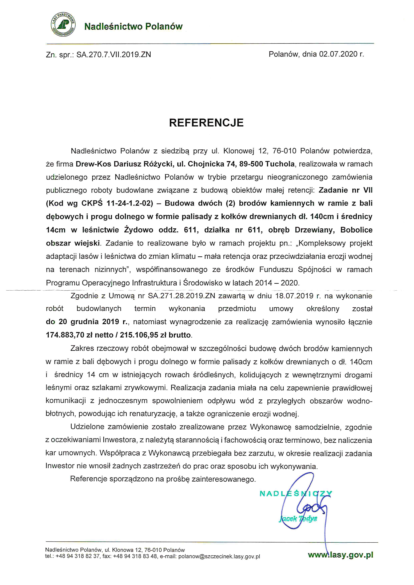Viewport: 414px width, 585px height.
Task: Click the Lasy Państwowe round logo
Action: [x=63, y=25]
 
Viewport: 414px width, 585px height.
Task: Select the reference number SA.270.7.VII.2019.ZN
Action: [x=114, y=55]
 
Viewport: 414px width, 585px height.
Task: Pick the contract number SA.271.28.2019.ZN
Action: [x=182, y=296]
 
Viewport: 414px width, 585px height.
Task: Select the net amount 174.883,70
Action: [x=65, y=335]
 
